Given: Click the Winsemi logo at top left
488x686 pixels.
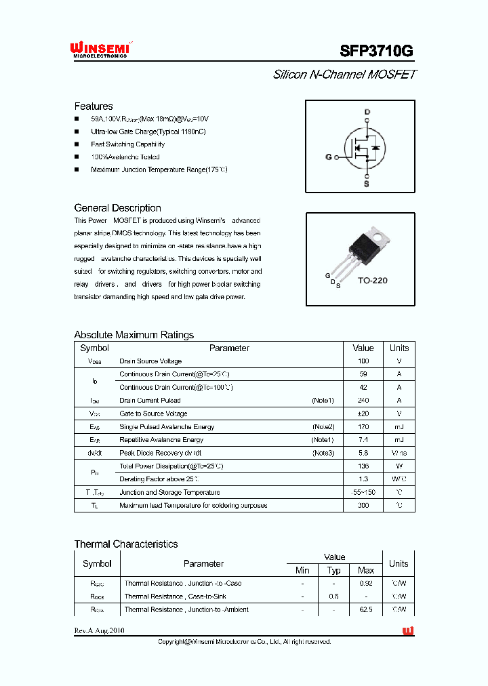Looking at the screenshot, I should click(x=100, y=49).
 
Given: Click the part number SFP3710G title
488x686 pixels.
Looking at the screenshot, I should click(x=375, y=52).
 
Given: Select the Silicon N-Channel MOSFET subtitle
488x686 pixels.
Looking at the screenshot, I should click(x=344, y=75).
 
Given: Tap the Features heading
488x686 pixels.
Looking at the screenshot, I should click(x=94, y=106).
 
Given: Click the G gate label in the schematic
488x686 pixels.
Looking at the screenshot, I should click(x=329, y=157).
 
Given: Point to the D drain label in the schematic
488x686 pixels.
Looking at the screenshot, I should click(x=367, y=112).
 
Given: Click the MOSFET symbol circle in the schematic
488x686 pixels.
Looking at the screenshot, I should click(x=361, y=148).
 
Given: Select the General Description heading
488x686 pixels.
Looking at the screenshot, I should click(x=117, y=208).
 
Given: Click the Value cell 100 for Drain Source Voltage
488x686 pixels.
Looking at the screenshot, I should click(x=363, y=361).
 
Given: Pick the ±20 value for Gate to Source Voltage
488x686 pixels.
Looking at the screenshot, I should click(x=363, y=413).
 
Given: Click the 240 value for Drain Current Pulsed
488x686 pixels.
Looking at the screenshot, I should click(x=363, y=401).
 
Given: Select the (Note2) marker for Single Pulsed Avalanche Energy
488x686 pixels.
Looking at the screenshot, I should click(x=323, y=427).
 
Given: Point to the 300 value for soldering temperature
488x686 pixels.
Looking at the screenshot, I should click(x=363, y=506).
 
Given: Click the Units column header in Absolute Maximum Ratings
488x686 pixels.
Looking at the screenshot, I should click(x=399, y=348).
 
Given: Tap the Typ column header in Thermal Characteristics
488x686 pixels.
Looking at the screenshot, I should click(x=334, y=570).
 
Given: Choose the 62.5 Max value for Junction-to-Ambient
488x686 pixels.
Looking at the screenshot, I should click(x=366, y=609).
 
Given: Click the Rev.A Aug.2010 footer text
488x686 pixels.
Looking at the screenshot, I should click(x=99, y=631).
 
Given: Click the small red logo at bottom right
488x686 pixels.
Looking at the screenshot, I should click(x=408, y=631).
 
